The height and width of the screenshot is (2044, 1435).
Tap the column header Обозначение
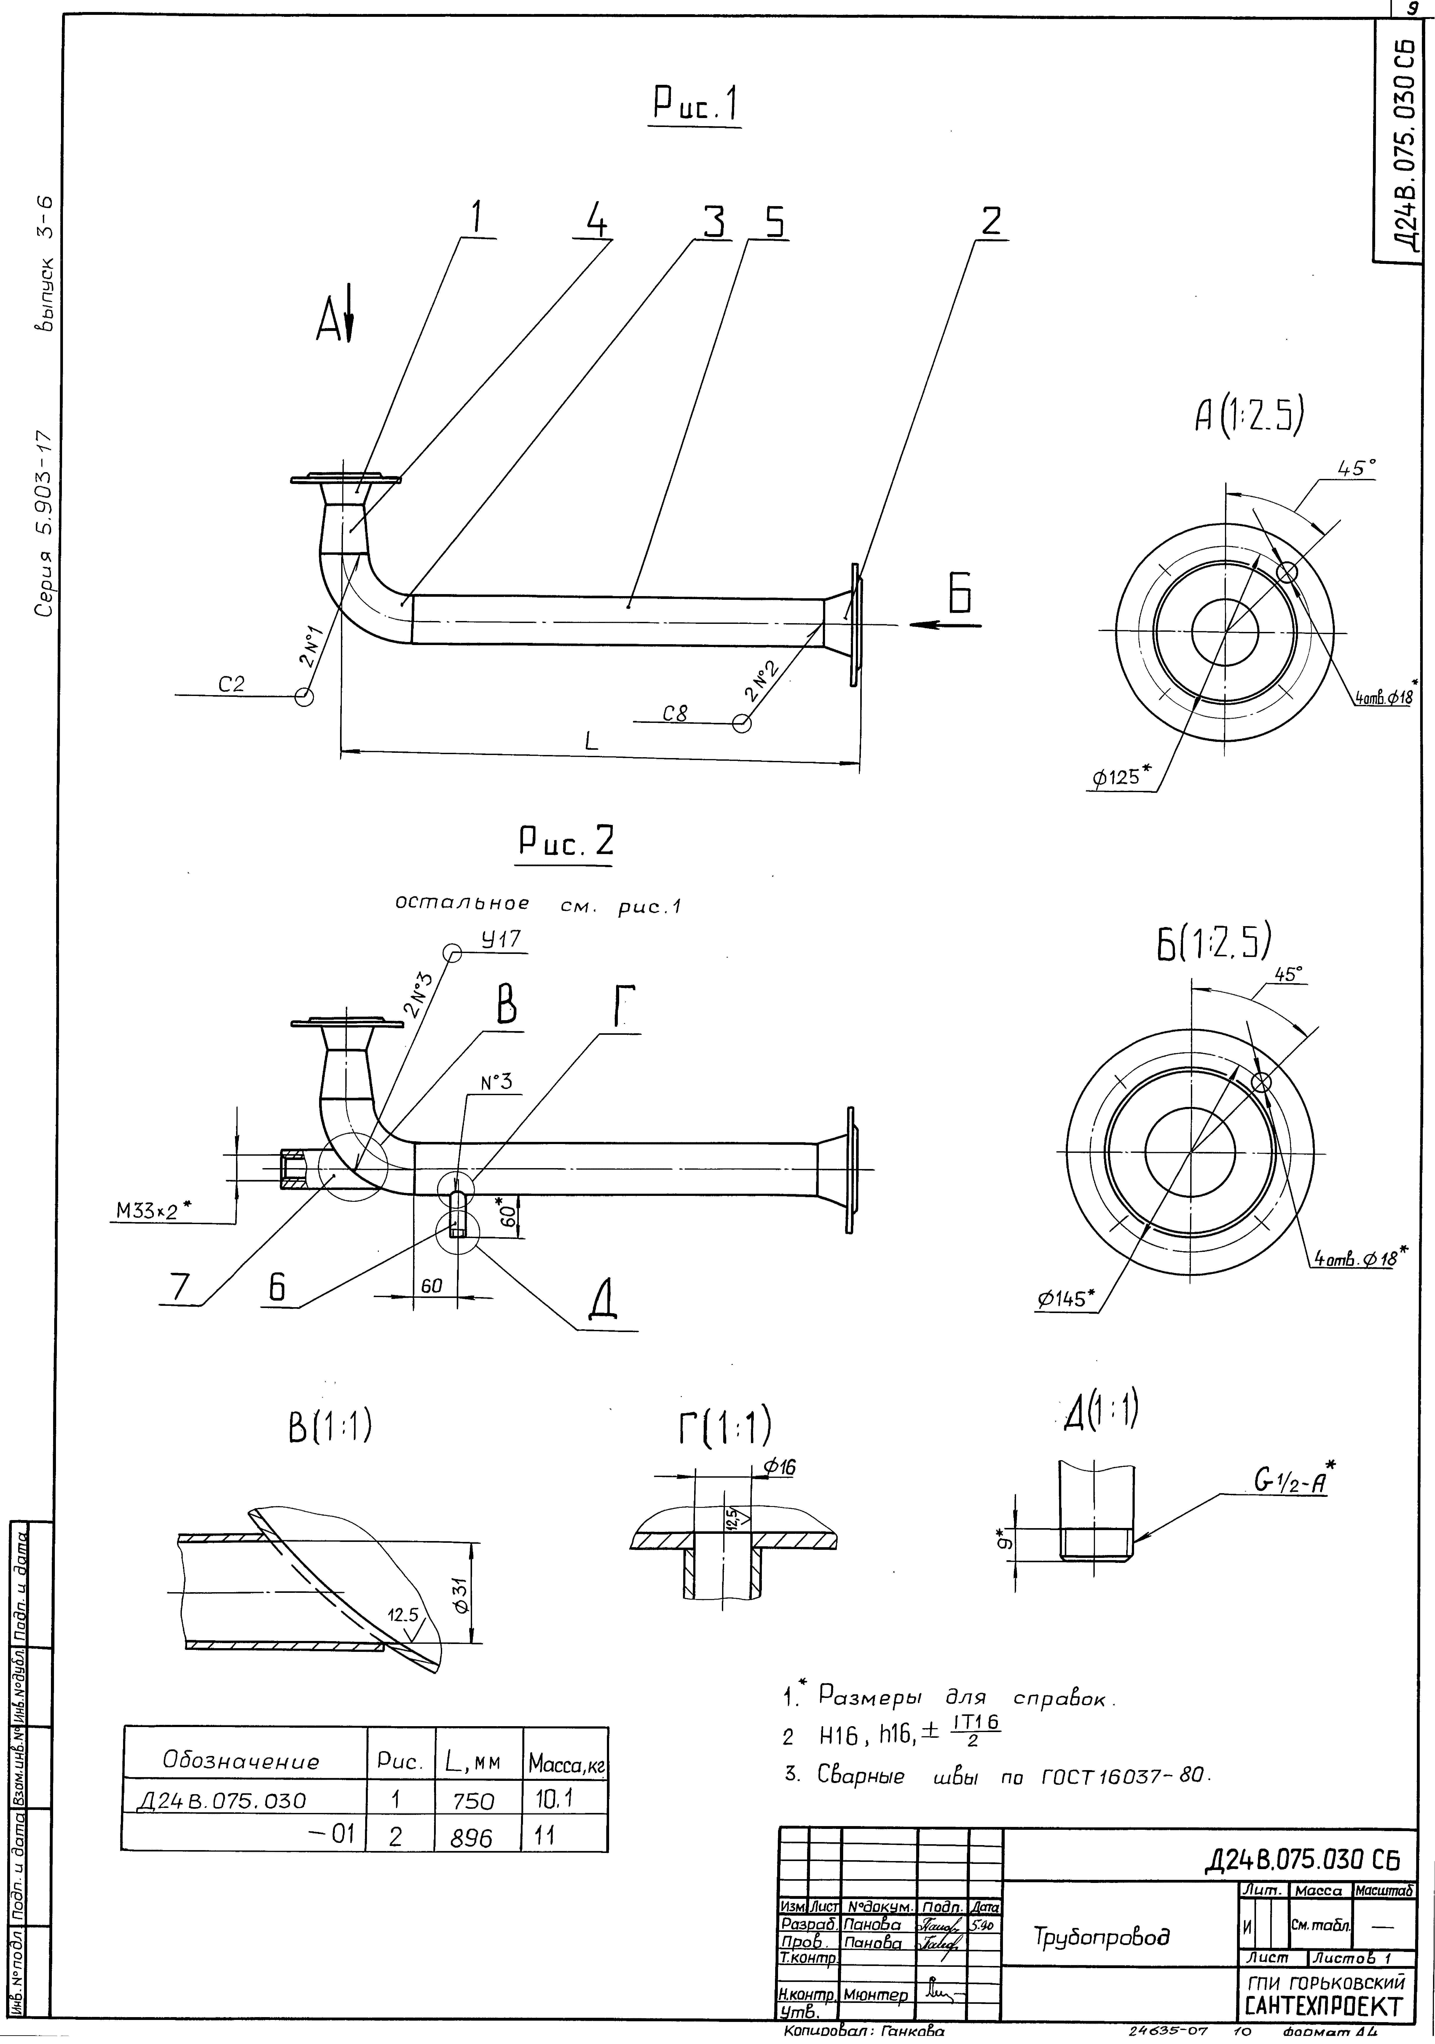tap(240, 1761)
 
